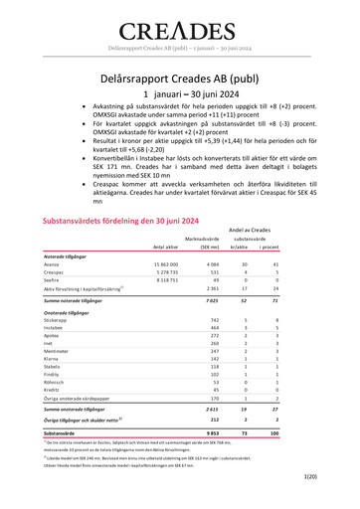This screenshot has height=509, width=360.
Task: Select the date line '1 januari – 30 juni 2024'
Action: (x=180, y=92)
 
